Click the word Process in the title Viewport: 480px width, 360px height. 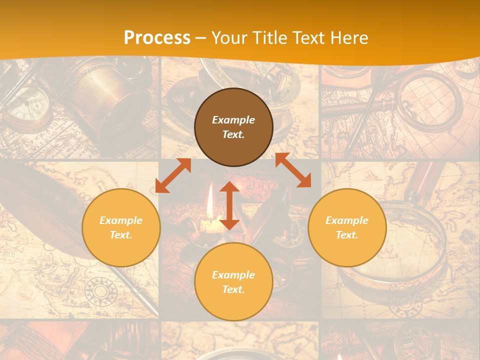(x=157, y=38)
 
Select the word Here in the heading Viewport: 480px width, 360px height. (x=348, y=38)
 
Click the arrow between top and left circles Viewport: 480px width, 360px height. (x=173, y=175)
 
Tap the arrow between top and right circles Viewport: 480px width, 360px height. (x=293, y=170)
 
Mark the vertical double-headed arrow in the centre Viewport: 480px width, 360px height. (x=229, y=205)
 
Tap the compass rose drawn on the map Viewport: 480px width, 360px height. (x=100, y=290)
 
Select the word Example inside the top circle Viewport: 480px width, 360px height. (x=233, y=120)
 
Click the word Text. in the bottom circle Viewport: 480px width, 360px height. (x=233, y=289)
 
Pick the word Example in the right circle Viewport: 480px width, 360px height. (x=347, y=220)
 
